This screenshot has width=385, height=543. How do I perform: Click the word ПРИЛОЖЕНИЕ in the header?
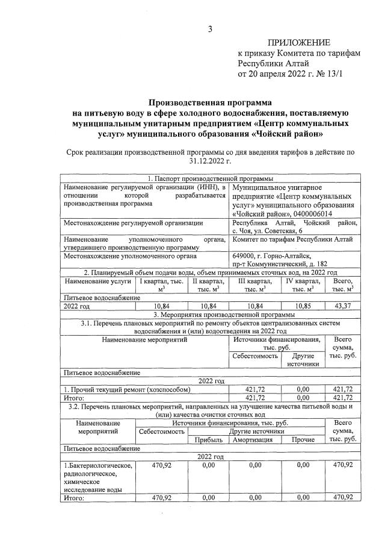point(299,42)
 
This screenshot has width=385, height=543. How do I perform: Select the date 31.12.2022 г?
point(210,161)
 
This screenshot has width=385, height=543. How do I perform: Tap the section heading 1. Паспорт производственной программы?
point(210,179)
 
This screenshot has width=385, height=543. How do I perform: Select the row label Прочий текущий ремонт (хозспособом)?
point(117,389)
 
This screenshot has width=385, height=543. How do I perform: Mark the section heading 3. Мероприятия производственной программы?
point(210,315)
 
